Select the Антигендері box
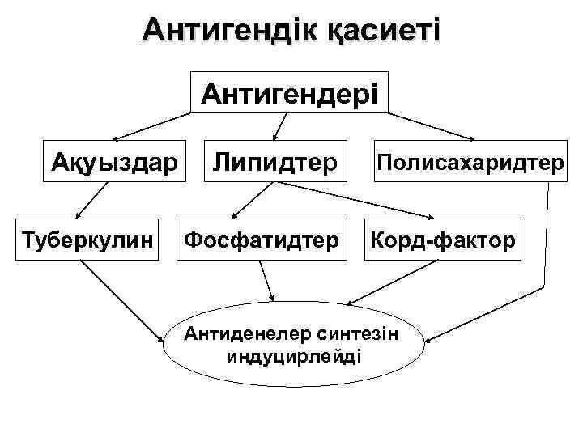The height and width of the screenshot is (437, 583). (x=289, y=95)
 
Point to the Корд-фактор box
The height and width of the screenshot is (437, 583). (x=442, y=240)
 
